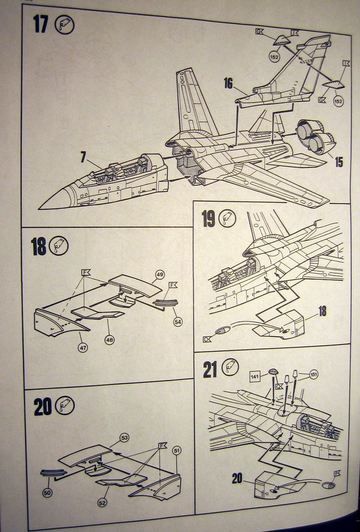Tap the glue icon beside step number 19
point(227,218)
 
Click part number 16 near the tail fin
point(228,83)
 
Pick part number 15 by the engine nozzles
point(338,161)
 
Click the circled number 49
point(160,275)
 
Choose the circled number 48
point(110,339)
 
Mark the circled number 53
point(125,437)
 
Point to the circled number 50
point(47,492)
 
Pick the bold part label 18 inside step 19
point(323,311)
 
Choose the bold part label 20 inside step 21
point(237,477)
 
